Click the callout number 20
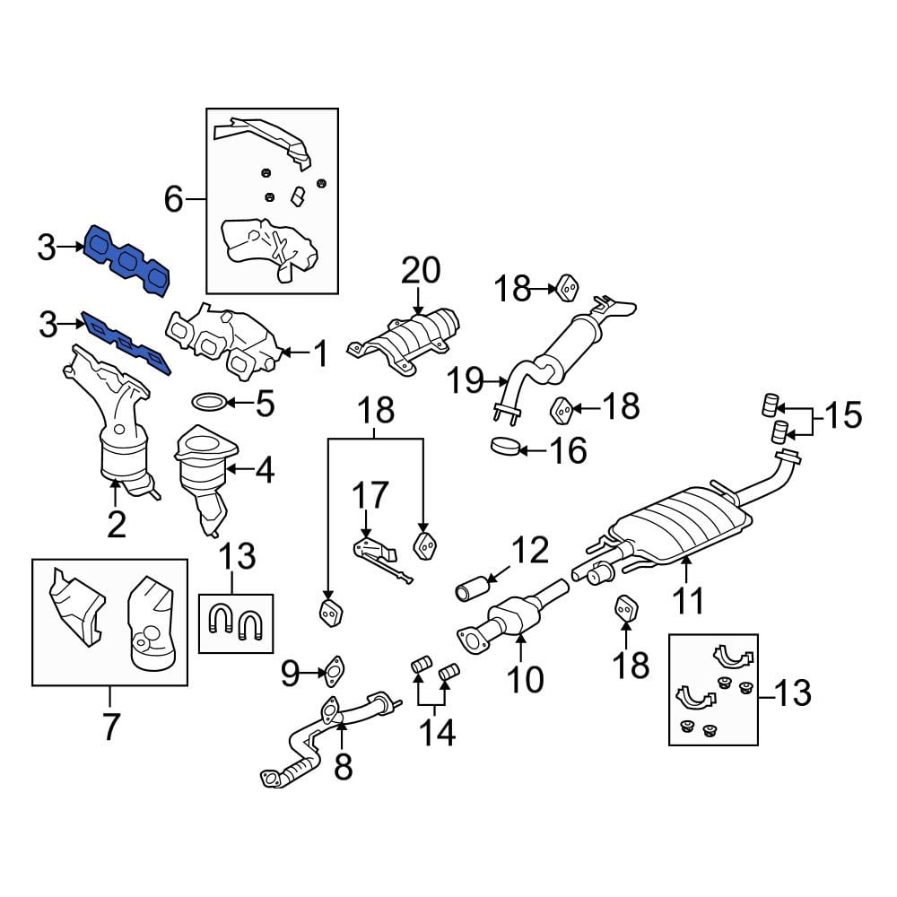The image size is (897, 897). click(421, 271)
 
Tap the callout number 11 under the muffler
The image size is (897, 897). click(688, 600)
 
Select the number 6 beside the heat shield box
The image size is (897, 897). click(173, 199)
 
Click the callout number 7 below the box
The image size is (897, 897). click(109, 726)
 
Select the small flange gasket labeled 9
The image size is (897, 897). click(334, 672)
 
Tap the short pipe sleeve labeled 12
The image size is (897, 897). click(471, 589)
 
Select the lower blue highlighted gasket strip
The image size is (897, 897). click(126, 344)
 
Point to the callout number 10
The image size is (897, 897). click(525, 679)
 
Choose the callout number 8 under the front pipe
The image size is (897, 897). click(343, 767)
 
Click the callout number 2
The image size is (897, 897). click(116, 524)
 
